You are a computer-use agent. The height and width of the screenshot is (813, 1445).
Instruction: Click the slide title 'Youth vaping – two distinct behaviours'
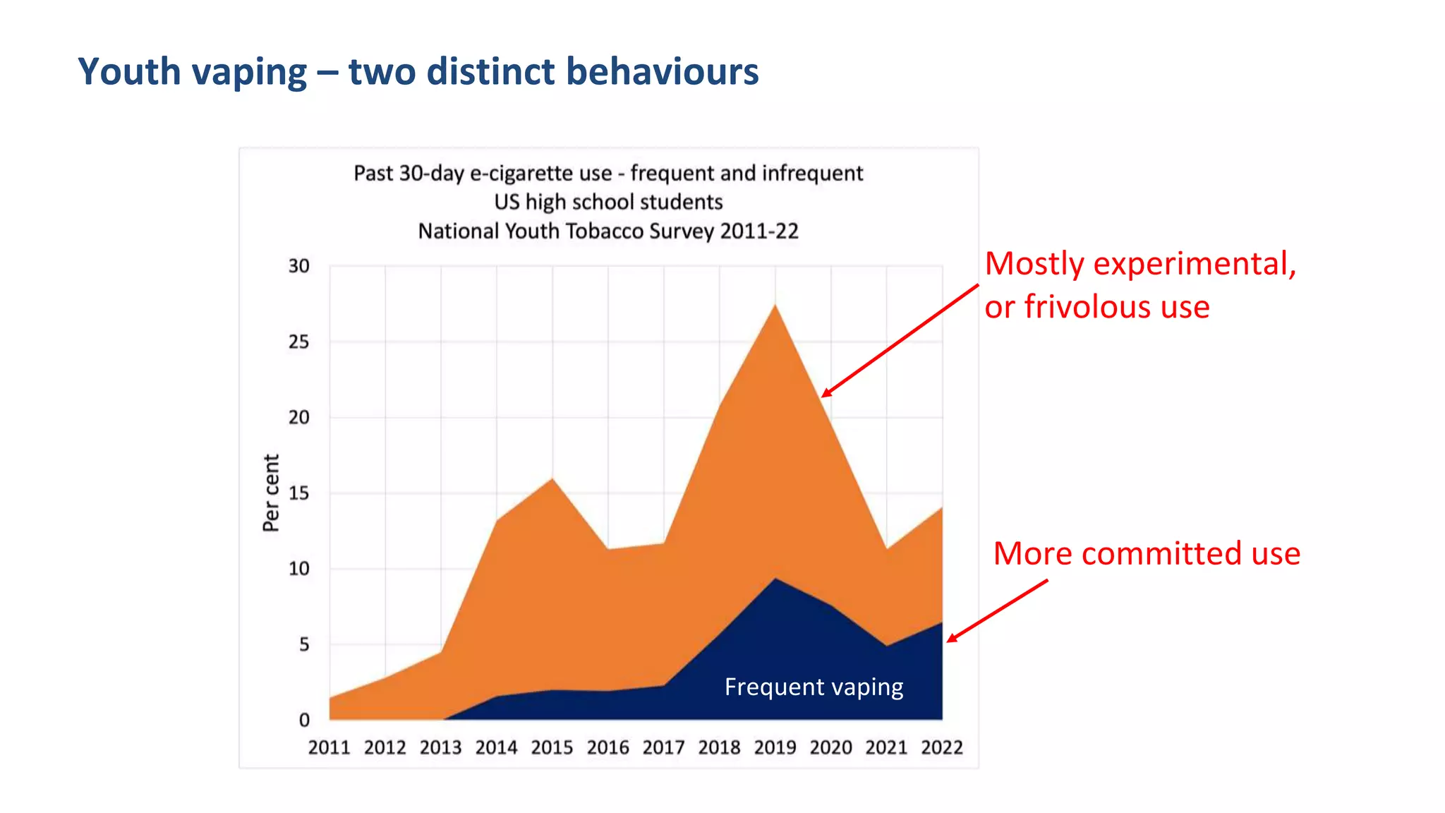coord(418,72)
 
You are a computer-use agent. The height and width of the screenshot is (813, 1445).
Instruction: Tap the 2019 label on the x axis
coord(775,747)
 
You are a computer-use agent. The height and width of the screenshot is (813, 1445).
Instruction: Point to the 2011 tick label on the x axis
coord(329,747)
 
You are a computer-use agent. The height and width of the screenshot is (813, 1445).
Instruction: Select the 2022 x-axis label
coord(941,747)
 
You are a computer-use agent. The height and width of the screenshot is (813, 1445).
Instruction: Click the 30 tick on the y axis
coord(298,266)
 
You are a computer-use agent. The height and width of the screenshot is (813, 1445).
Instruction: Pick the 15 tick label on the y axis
coord(298,493)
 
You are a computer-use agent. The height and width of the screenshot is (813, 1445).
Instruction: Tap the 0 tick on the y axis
coord(304,720)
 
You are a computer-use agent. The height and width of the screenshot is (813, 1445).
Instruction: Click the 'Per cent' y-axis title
coord(271,493)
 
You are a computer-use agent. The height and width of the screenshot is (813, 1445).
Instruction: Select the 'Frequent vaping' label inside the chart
coord(814,687)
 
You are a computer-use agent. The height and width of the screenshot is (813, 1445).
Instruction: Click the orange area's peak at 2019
coord(775,306)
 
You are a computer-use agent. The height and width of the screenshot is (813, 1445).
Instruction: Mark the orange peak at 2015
coord(552,480)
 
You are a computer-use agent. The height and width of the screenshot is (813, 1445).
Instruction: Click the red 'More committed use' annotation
coord(1146,553)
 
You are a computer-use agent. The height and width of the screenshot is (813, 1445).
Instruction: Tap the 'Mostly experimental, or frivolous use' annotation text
coord(1139,285)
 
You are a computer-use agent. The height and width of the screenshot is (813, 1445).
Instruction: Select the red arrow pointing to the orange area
coord(900,341)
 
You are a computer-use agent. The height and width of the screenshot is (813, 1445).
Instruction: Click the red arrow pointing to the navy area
coord(996,611)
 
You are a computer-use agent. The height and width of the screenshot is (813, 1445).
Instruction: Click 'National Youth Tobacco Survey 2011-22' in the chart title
coord(608,231)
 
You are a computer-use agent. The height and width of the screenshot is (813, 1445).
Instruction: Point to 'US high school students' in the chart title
coord(608,203)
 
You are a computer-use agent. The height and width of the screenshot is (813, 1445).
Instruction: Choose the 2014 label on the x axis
coord(496,747)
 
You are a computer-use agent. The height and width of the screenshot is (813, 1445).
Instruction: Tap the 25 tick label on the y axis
coord(298,342)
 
